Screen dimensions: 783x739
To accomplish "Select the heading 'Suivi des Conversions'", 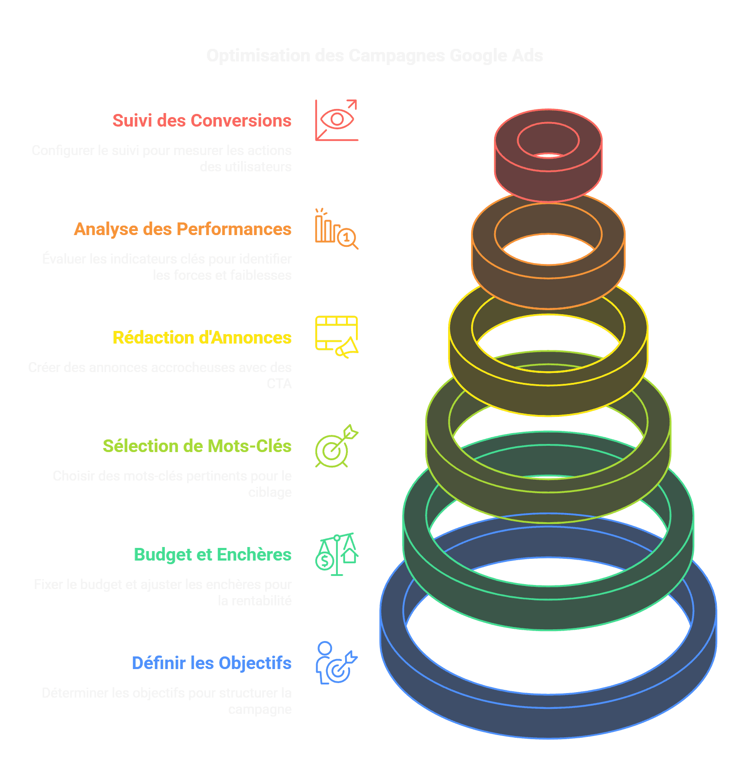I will click(202, 121).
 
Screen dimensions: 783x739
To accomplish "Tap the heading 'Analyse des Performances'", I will click(182, 229).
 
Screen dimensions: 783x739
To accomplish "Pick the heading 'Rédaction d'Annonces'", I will click(202, 338).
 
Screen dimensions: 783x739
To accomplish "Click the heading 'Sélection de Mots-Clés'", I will click(197, 446).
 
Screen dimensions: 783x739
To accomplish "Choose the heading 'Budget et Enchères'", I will click(212, 555).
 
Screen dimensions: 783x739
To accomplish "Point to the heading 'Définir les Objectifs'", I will click(211, 663).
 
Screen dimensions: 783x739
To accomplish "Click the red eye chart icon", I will click(337, 120).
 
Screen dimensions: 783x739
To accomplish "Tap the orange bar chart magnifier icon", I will click(337, 229).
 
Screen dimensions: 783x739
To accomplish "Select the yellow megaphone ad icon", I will click(337, 337).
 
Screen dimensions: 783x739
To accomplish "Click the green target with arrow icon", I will click(337, 446).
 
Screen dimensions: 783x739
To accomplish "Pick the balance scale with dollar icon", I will click(337, 554).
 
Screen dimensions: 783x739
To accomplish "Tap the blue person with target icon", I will click(337, 663).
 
